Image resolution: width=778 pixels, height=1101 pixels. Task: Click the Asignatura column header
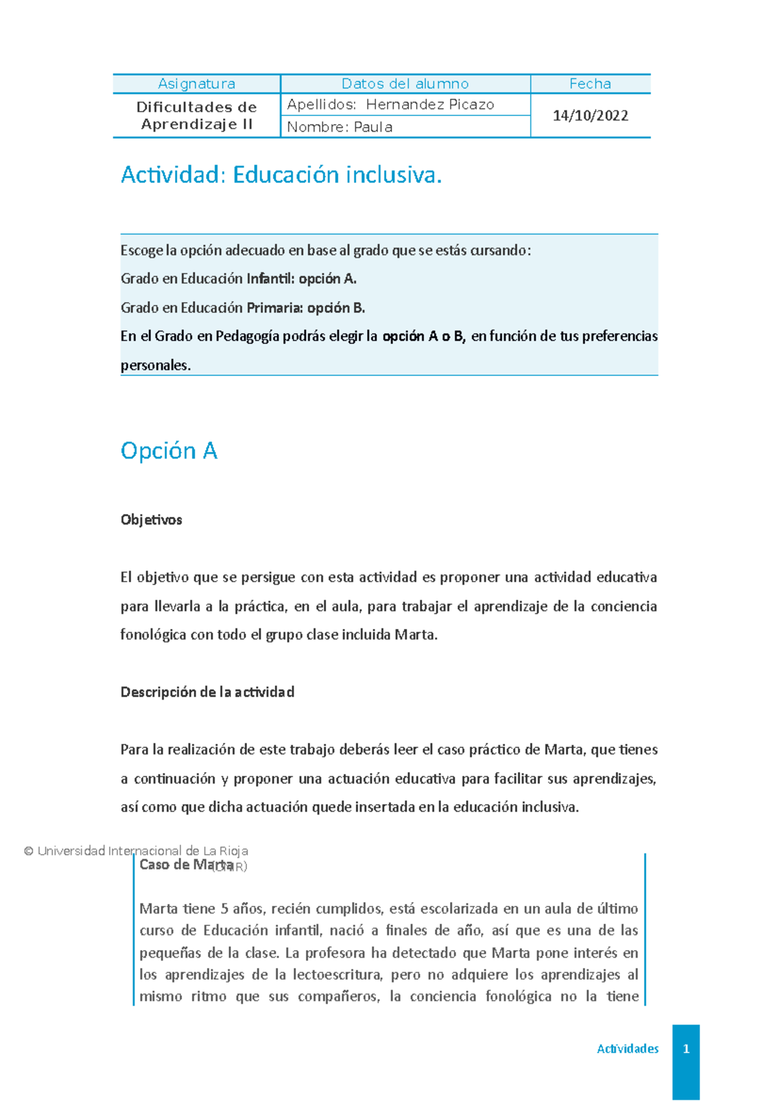[x=196, y=84]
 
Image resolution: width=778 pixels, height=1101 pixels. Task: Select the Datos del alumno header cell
[x=405, y=84]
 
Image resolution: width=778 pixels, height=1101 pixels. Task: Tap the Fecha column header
[x=590, y=84]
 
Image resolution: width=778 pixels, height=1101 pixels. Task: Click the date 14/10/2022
[x=590, y=115]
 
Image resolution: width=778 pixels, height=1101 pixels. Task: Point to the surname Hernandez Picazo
[x=430, y=104]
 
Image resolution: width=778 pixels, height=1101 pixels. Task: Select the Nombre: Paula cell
[x=340, y=127]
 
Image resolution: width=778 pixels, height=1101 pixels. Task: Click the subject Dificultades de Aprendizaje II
[x=196, y=115]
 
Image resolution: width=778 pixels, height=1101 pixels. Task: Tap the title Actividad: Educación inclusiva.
[x=281, y=175]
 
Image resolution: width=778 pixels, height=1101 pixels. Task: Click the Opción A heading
[x=169, y=451]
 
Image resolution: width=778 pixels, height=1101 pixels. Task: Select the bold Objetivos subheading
[x=151, y=519]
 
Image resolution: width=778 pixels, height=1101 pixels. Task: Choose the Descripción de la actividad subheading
[x=207, y=692]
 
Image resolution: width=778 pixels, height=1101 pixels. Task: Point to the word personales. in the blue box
[x=156, y=365]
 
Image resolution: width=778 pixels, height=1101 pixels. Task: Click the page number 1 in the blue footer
[x=686, y=1048]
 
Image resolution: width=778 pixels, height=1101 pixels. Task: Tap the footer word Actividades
[x=628, y=1048]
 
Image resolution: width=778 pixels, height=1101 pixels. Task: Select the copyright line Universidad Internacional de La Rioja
[x=136, y=851]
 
